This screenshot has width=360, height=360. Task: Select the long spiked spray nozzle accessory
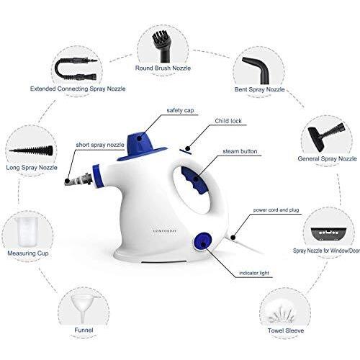(x=31, y=151)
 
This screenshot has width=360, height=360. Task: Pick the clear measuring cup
(x=27, y=232)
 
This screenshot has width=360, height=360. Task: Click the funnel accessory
(x=84, y=309)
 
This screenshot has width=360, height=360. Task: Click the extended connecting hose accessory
(x=76, y=69)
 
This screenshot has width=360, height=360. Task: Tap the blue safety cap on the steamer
(x=142, y=147)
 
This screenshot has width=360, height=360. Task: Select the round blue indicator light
(x=203, y=241)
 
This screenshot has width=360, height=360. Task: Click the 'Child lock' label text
(x=228, y=121)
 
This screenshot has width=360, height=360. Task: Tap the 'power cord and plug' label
(x=276, y=210)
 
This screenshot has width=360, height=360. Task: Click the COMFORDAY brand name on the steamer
(x=165, y=231)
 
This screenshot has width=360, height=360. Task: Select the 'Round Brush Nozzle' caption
(x=163, y=68)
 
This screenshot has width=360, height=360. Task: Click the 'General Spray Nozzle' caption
(x=327, y=158)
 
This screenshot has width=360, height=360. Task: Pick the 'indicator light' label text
(x=254, y=273)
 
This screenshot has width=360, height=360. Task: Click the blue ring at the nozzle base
(x=98, y=176)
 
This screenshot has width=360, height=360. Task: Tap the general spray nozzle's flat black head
(x=316, y=139)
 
